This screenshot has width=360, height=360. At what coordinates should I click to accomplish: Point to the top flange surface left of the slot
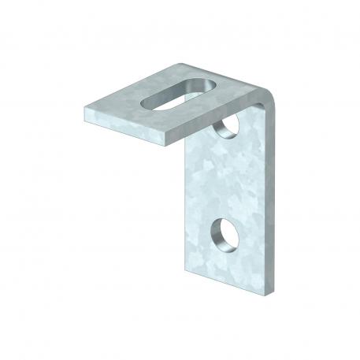(118, 106)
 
